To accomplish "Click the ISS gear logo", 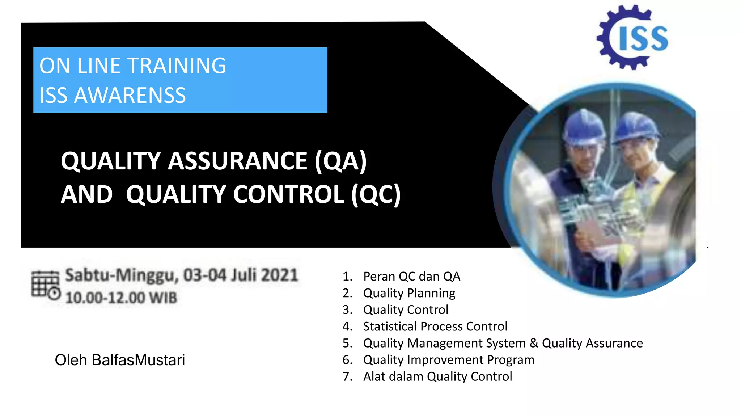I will (x=632, y=37).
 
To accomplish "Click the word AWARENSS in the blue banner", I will (x=130, y=96).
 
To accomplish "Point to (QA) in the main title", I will (x=340, y=161).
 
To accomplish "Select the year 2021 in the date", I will (x=279, y=275).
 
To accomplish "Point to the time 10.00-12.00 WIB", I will (x=121, y=298).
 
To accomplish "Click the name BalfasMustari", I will (x=138, y=360).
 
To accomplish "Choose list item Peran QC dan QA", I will (x=411, y=277).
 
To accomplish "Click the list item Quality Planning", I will (x=409, y=293).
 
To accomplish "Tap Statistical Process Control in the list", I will (x=435, y=327).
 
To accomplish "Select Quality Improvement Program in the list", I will (x=449, y=360).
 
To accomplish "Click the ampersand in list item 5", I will (x=534, y=343).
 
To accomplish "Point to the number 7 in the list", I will (x=347, y=376).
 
